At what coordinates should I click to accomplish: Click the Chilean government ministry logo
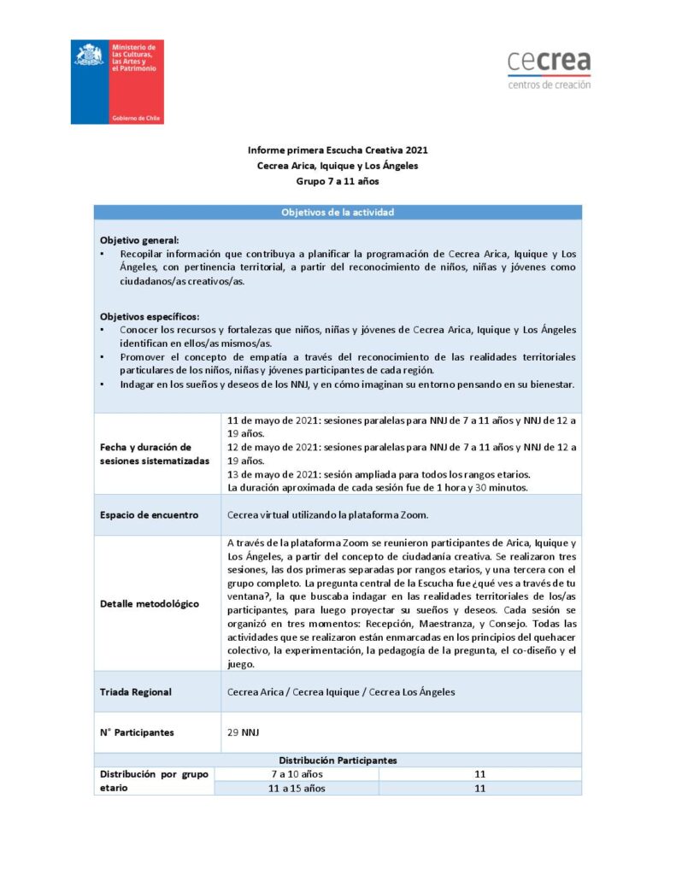117,82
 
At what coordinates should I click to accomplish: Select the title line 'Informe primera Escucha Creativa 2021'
338,150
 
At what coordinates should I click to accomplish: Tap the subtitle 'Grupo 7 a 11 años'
338,181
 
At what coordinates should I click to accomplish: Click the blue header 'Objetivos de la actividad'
338,212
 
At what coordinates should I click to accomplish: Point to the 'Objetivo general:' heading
139,240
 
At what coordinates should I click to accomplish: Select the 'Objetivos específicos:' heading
149,316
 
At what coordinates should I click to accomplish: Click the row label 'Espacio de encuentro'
150,515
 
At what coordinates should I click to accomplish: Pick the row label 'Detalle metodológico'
150,603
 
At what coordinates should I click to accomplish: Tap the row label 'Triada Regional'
135,691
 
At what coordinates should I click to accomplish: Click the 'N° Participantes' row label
138,732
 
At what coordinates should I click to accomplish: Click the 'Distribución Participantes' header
338,760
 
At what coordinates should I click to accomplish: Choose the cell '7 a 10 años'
297,774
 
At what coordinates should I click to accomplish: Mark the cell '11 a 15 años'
297,788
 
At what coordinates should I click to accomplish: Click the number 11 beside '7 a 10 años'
479,774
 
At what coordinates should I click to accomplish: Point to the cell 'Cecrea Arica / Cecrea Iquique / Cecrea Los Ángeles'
341,691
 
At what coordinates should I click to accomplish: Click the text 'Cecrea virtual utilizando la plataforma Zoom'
327,515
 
